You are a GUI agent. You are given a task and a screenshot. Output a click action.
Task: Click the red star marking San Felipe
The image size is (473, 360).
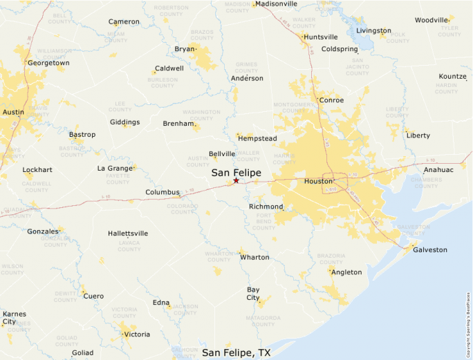(x=236, y=180)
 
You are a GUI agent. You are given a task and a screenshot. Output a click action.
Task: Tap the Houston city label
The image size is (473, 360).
(x=319, y=182)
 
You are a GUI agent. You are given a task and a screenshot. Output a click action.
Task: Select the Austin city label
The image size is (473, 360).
(x=13, y=112)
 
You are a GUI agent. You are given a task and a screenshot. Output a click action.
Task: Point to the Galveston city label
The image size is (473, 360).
(x=430, y=250)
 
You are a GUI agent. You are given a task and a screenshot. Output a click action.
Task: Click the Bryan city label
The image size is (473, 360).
(x=185, y=49)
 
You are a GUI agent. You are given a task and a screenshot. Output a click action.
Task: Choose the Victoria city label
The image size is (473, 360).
(x=136, y=334)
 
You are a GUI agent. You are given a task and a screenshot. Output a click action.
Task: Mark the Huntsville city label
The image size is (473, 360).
(x=321, y=37)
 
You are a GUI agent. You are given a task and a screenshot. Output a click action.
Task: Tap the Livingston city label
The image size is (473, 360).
(x=373, y=31)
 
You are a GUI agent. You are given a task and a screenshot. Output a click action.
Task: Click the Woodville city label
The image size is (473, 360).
(x=432, y=21)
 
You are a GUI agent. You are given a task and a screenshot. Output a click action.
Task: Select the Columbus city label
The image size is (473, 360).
(x=163, y=193)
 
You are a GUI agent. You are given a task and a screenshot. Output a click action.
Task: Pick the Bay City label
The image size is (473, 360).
(x=253, y=294)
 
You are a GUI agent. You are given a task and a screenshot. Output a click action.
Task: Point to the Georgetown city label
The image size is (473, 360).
(x=48, y=63)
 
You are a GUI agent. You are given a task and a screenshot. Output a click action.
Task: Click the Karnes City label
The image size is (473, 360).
(x=14, y=318)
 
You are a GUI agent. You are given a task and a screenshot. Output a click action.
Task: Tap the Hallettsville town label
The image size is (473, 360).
(x=128, y=234)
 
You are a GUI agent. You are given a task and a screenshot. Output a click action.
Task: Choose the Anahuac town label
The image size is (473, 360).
(x=439, y=169)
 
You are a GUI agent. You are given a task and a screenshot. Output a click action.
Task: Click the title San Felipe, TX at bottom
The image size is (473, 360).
(x=236, y=352)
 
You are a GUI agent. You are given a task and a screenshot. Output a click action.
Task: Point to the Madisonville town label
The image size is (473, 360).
(x=276, y=3)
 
